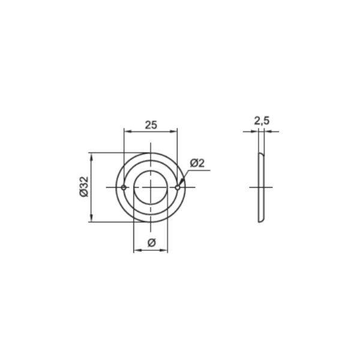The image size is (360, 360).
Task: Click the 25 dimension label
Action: [151, 125]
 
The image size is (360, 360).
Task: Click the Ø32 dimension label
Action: [84, 187]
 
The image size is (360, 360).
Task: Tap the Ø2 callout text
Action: [197, 163]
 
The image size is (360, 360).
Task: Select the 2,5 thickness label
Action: [262, 121]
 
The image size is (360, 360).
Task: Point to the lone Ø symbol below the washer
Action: [152, 242]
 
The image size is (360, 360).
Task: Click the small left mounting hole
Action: [124, 188]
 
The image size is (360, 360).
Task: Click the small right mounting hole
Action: [178, 188]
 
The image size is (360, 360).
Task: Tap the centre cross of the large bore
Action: [151, 187]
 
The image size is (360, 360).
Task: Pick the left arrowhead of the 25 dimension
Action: [127, 131]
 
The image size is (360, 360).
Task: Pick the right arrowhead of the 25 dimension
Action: [173, 131]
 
